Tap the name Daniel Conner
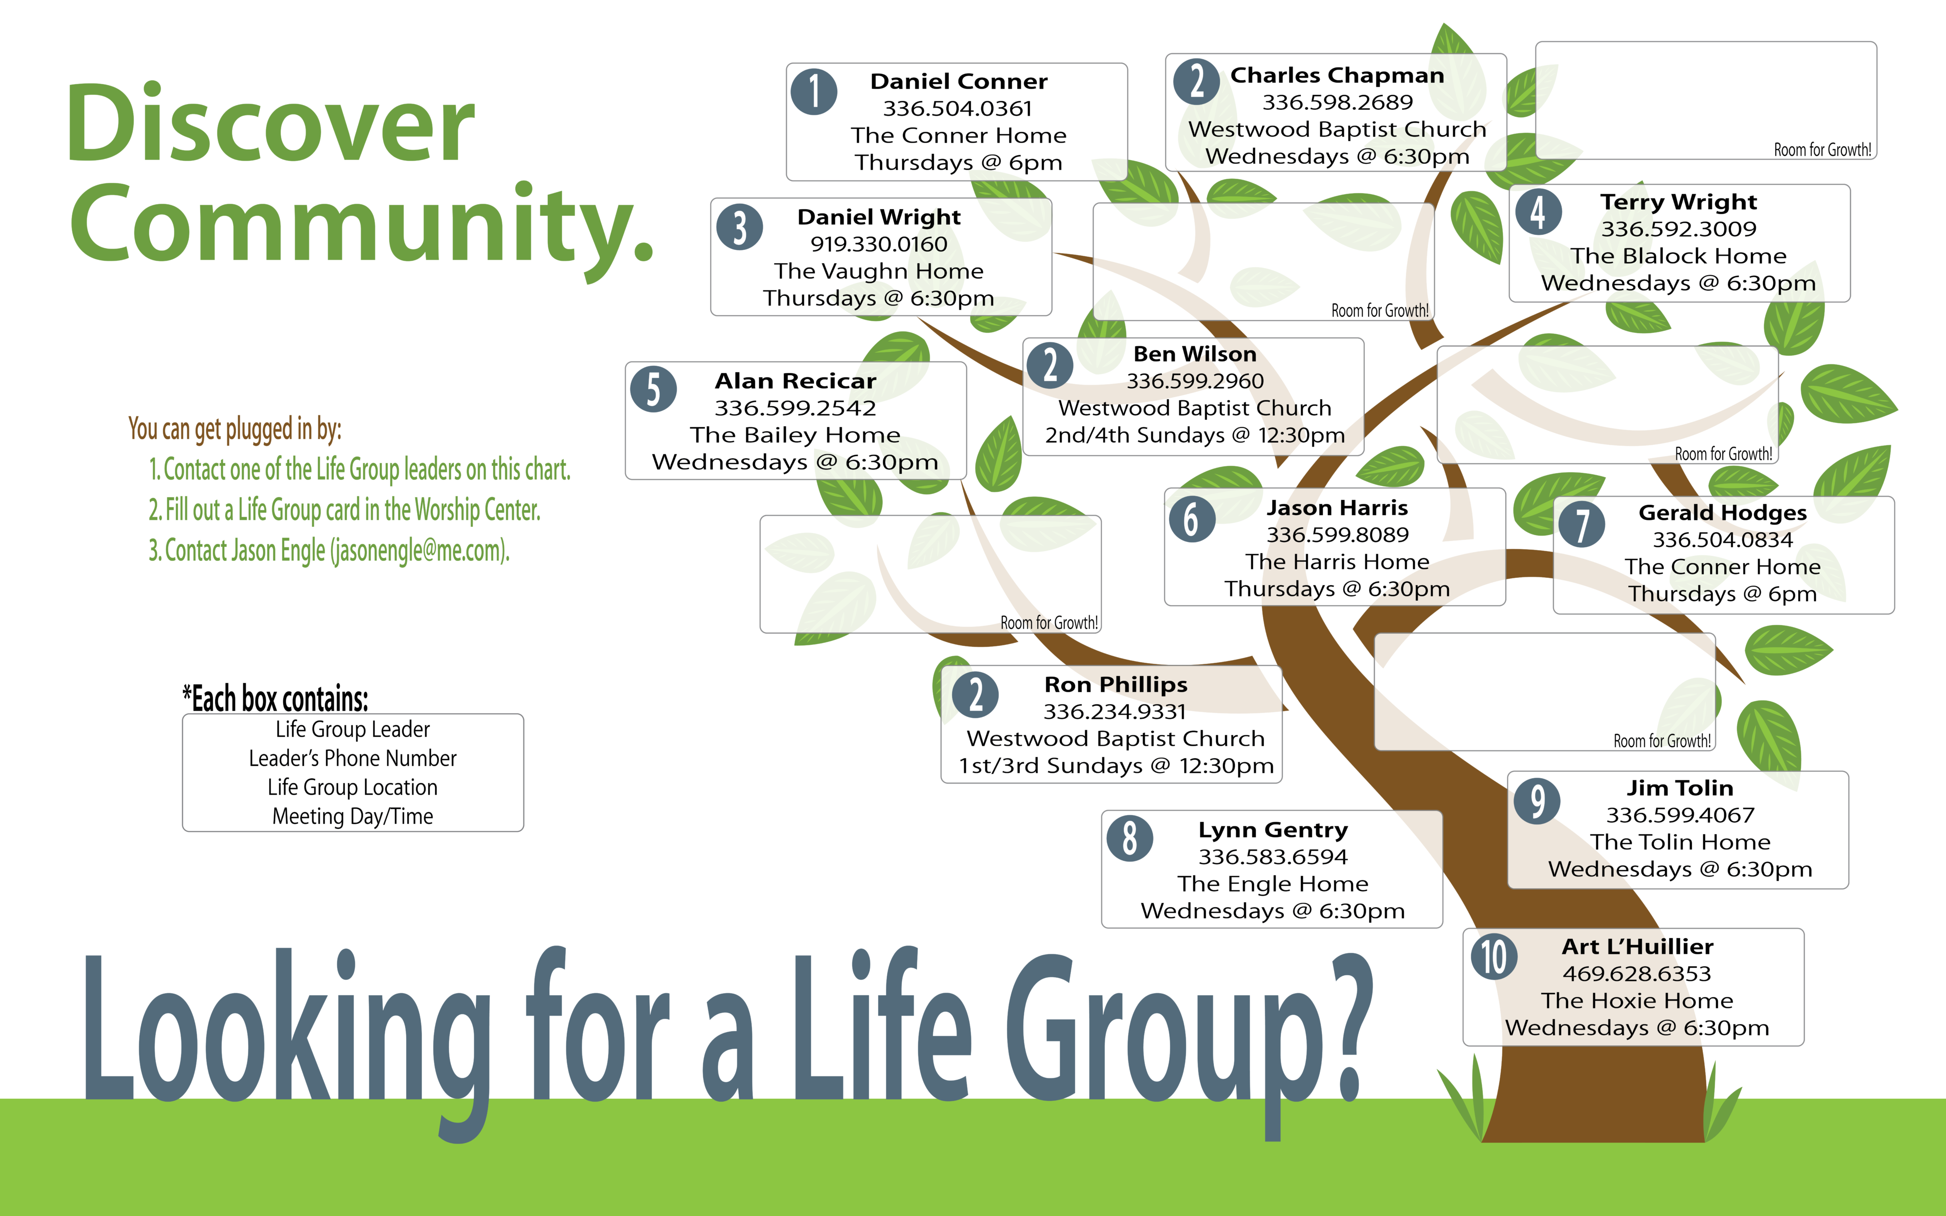[958, 81]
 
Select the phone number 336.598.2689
[1337, 102]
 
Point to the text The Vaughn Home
[879, 271]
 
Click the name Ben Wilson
[1195, 354]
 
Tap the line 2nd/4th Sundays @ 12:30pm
[1195, 435]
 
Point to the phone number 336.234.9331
[1115, 712]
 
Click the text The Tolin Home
[1680, 842]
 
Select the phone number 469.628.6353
[1637, 974]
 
